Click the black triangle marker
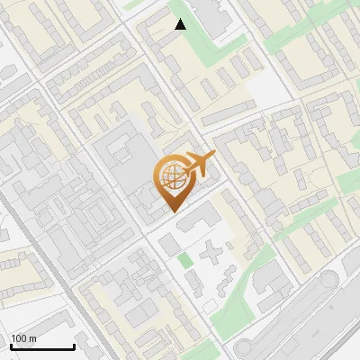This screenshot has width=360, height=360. [x=181, y=24]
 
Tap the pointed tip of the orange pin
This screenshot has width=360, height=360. [x=174, y=211]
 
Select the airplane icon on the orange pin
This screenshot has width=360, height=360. [x=199, y=165]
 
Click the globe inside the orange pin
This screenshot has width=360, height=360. [x=172, y=178]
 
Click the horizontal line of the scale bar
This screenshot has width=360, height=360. [x=42, y=346]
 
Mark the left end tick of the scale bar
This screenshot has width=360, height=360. [x=11, y=345]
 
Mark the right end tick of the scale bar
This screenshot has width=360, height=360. [x=74, y=345]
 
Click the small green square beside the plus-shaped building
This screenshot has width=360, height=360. [x=185, y=261]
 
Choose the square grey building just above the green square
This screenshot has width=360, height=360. [x=169, y=244]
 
